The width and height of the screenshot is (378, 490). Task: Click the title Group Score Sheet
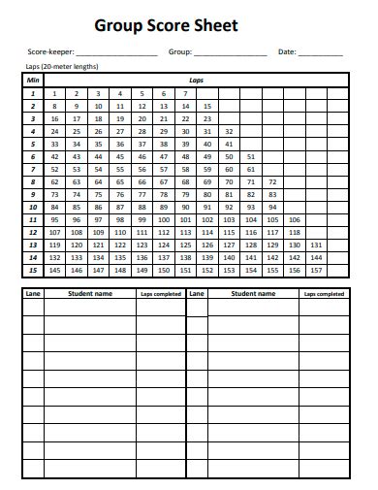[x=189, y=26]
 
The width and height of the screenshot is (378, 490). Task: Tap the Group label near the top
[x=180, y=51]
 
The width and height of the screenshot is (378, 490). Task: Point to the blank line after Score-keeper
[x=115, y=54]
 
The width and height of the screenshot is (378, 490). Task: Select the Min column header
[x=33, y=80]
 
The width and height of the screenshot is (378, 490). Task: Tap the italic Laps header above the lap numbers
[x=196, y=80]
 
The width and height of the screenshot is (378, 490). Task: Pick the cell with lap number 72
[x=273, y=181]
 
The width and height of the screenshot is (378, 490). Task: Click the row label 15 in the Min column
[x=33, y=270]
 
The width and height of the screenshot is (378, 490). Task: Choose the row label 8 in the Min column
[x=33, y=181]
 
